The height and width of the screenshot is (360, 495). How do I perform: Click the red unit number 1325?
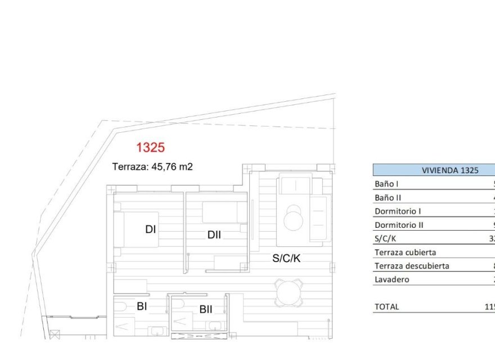pos(150,148)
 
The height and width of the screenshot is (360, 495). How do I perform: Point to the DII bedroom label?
pos(214,235)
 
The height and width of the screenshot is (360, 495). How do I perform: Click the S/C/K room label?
pos(287,259)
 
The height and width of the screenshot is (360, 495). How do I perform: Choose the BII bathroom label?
pos(205,309)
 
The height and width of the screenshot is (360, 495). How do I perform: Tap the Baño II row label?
pos(388,197)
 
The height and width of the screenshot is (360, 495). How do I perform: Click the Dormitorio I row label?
pos(398,211)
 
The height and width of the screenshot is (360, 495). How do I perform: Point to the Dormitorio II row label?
pos(399,225)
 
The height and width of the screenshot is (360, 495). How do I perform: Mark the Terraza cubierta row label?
pos(405,253)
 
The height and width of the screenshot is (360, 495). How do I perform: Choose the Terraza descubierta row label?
pos(412,266)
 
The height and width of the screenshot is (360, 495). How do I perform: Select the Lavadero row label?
pos(391,280)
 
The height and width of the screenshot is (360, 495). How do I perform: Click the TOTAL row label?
pos(386,307)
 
